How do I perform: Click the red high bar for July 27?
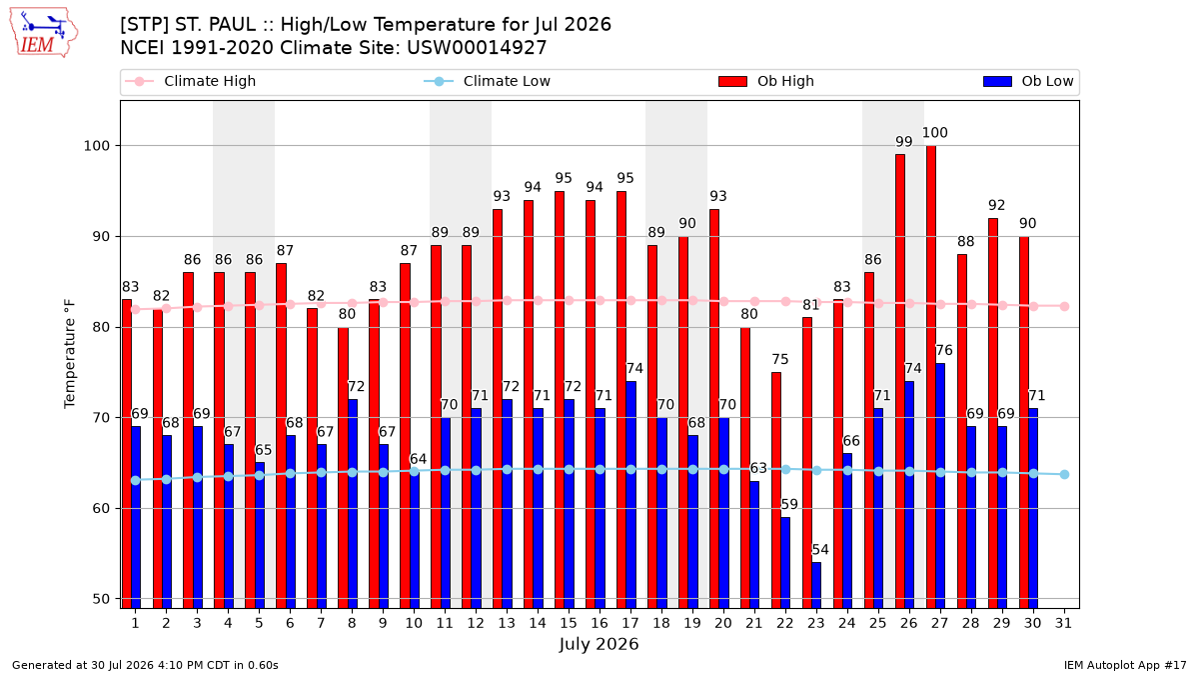pos(931,377)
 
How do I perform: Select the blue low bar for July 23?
pos(816,585)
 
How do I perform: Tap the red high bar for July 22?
pos(776,490)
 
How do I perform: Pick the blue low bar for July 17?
pos(631,494)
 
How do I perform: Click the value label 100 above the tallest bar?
pos(934,132)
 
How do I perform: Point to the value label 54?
pos(820,550)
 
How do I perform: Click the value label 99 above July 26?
pos(904,141)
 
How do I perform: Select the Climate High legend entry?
pos(191,81)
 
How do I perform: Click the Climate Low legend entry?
pos(488,81)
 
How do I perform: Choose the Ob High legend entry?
pos(766,81)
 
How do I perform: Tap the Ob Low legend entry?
pos(1028,81)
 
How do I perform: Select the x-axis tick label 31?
pos(1063,623)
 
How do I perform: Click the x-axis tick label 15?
pos(569,623)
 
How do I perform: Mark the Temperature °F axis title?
pos(70,354)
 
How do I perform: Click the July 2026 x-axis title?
pos(599,644)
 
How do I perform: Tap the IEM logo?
pos(44,32)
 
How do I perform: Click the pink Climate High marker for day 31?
pos(1065,306)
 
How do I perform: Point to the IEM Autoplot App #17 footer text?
pos(1125,665)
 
